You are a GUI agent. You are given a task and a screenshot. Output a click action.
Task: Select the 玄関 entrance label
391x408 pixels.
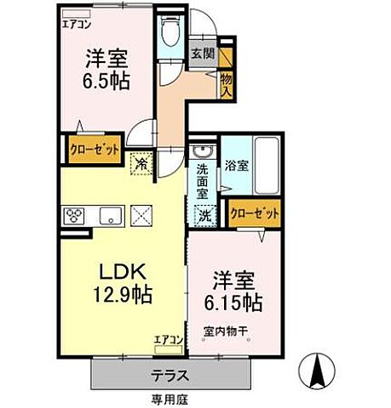202,53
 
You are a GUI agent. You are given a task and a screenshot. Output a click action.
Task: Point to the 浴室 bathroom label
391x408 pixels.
236,166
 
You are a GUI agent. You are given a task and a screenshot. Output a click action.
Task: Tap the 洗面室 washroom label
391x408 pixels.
202,181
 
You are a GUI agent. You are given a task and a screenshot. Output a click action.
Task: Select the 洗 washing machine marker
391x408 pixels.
205,215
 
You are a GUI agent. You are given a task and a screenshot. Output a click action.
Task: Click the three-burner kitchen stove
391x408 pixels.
71,215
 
